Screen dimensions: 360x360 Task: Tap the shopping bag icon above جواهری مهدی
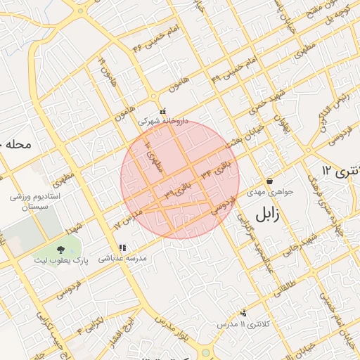pos(269,181)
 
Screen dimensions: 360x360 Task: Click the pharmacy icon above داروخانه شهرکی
pos(163,111)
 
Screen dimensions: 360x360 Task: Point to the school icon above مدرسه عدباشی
pos(123,247)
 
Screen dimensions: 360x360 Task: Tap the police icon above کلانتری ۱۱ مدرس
pos(244,313)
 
